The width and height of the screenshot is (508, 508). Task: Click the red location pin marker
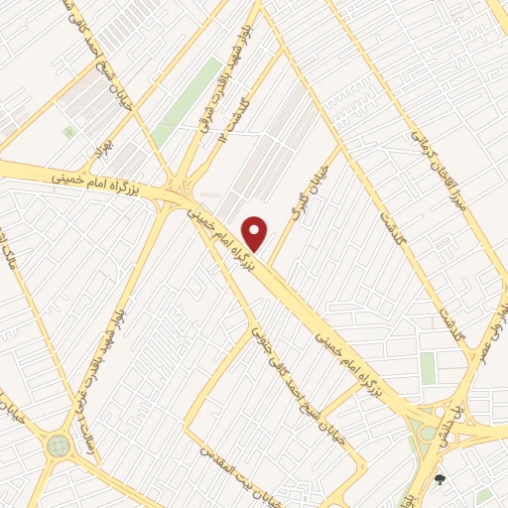pos(256,232)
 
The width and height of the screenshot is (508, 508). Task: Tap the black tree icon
pos(440,480)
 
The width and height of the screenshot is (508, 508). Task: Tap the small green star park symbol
pos(68,131)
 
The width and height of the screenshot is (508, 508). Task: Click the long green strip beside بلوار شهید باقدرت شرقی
pos(190,99)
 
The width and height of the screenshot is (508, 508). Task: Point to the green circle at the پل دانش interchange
pos(428,433)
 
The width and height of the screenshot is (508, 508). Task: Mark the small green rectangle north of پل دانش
pos(428,367)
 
